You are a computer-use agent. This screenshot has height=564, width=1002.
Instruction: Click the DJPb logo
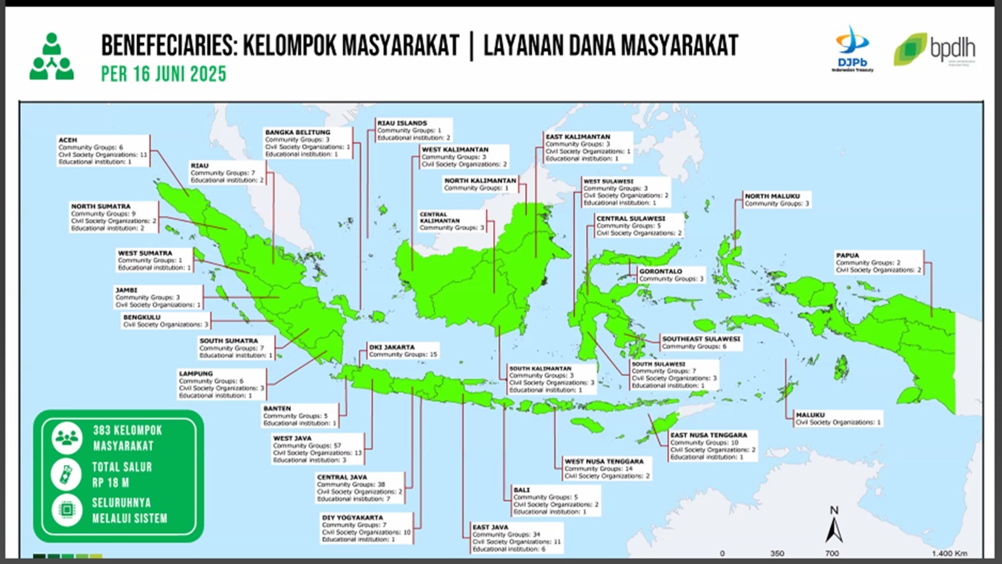pyautogui.click(x=852, y=49)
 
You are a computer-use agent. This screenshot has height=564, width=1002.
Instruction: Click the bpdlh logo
pyautogui.click(x=934, y=49)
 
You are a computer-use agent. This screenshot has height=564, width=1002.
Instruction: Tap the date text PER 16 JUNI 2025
pyautogui.click(x=163, y=74)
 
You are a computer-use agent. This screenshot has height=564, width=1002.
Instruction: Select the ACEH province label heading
pyautogui.click(x=68, y=140)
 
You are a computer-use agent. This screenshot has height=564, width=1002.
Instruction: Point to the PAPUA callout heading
pyautogui.click(x=847, y=255)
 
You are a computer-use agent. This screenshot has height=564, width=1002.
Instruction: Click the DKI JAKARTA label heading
pyautogui.click(x=391, y=347)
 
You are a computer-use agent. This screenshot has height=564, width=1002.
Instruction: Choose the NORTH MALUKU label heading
pyautogui.click(x=772, y=196)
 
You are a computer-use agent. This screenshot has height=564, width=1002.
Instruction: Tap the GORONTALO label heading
pyautogui.click(x=661, y=271)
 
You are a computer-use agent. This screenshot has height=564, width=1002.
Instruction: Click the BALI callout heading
pyautogui.click(x=521, y=489)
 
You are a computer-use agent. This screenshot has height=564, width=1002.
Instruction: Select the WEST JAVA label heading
pyautogui.click(x=292, y=438)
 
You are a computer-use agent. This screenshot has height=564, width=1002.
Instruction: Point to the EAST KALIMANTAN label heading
pyautogui.click(x=577, y=137)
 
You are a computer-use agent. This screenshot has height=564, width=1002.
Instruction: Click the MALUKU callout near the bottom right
pyautogui.click(x=810, y=415)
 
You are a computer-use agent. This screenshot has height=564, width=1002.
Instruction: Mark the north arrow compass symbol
pyautogui.click(x=834, y=526)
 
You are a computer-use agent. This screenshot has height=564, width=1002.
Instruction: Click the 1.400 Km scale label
pyautogui.click(x=949, y=553)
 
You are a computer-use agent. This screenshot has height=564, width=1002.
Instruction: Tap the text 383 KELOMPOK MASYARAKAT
pyautogui.click(x=127, y=438)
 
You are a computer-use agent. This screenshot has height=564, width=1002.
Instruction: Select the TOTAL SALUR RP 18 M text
pyautogui.click(x=121, y=474)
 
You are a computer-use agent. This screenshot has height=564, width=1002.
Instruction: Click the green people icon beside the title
pyautogui.click(x=51, y=58)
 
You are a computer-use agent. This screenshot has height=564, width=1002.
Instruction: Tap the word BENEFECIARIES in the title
pyautogui.click(x=168, y=45)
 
